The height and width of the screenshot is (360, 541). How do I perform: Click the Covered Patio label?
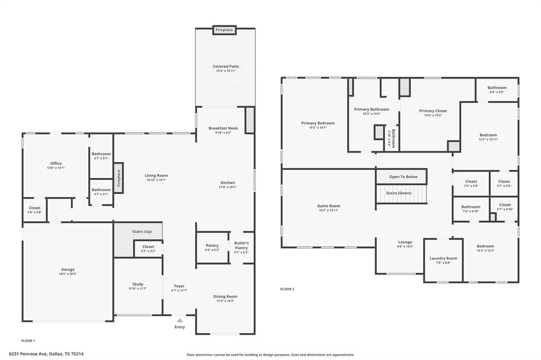[226, 67]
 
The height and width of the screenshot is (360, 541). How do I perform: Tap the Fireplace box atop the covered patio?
[224, 30]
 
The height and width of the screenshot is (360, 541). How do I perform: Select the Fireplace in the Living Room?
[119, 178]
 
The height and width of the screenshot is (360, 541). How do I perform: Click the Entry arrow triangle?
[180, 320]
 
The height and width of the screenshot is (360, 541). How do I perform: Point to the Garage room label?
[68, 269]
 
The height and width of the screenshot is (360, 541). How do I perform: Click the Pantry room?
[212, 247]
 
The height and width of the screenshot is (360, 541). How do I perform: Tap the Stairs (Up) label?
[142, 231]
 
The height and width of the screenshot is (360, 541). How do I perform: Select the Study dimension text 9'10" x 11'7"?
[137, 288]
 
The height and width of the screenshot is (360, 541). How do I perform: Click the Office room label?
[55, 164]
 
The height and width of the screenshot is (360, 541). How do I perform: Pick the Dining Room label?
[225, 297]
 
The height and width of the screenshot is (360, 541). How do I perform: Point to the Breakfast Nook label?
[223, 128]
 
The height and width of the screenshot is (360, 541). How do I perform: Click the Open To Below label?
[403, 177]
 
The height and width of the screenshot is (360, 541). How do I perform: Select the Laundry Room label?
[443, 258]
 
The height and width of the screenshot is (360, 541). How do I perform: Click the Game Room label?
[329, 206]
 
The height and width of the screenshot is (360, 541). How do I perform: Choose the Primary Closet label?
[433, 111]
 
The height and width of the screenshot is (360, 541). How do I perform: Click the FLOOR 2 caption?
[287, 289]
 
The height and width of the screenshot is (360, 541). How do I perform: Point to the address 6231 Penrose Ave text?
[46, 354]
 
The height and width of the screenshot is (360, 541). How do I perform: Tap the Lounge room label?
[405, 242]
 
